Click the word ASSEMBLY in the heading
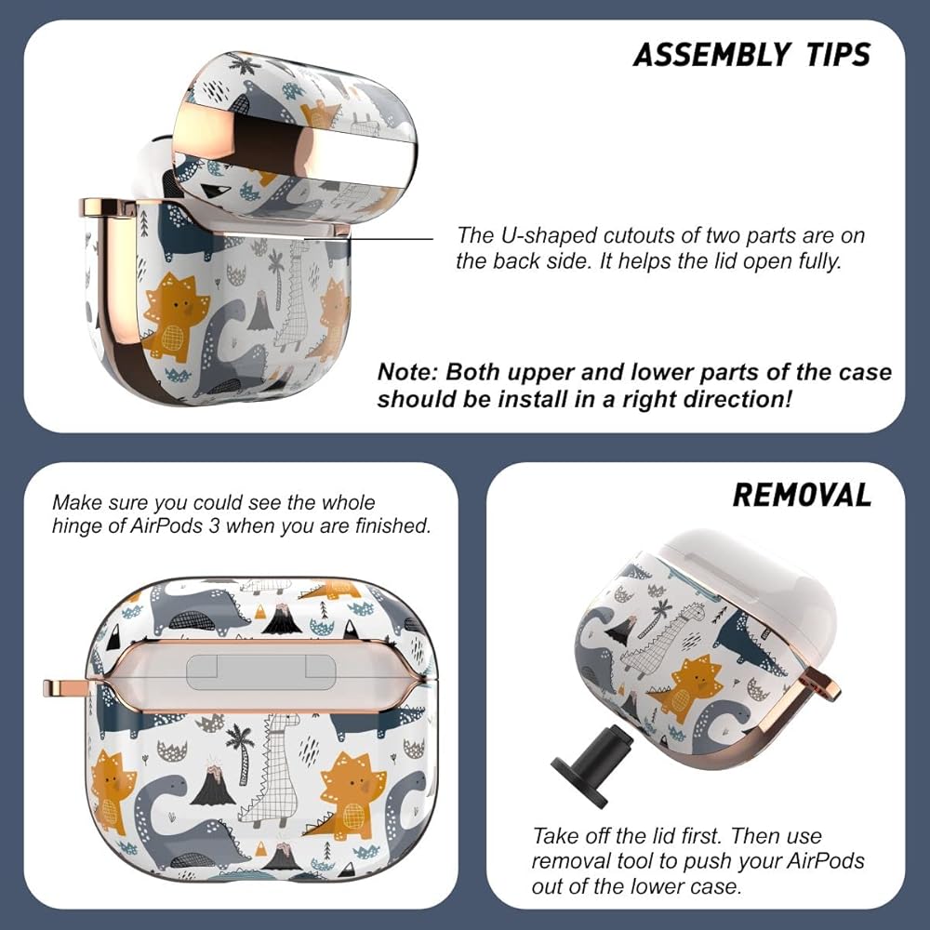711,55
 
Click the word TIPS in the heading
838,55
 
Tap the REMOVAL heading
802,495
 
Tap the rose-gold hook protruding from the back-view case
65,688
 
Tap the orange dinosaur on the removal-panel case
688,688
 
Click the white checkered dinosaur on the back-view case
272,771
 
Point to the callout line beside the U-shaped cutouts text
367,239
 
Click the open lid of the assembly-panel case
295,138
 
